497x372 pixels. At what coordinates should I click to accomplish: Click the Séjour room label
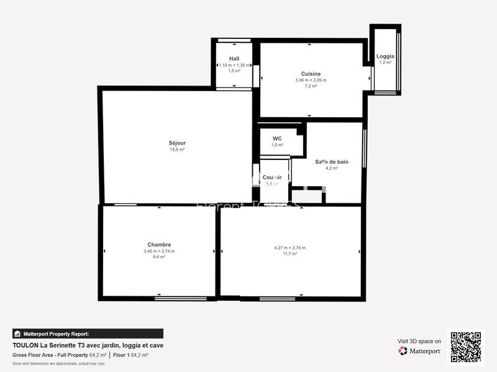pos(177,143)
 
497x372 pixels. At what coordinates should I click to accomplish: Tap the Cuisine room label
pos(311,74)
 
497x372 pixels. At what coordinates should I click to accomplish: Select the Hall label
pos(234,58)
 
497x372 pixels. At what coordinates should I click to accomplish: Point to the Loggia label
pos(385,56)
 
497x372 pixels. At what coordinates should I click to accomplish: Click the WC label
pos(277,138)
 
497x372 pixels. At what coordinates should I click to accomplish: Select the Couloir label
pos(273,177)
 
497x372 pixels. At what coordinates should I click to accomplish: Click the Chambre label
pos(159,244)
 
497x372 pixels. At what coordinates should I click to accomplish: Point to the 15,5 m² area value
pos(177,149)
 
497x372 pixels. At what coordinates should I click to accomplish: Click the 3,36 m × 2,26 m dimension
pos(311,80)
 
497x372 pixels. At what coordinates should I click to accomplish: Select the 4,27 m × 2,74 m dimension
pos(290,248)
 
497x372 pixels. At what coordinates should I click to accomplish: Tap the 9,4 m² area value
pos(159,257)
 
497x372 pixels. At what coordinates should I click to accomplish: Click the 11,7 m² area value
pos(290,254)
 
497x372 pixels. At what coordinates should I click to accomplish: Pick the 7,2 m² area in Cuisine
pos(311,86)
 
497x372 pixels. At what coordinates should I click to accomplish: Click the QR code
pos(465,347)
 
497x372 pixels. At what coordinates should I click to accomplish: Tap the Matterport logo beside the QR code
pos(420,351)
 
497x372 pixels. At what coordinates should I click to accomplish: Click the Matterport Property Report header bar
pos(88,334)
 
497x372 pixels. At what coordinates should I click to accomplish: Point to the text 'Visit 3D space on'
pos(419,341)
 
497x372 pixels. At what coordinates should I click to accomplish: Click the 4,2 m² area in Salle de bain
pos(331,168)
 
